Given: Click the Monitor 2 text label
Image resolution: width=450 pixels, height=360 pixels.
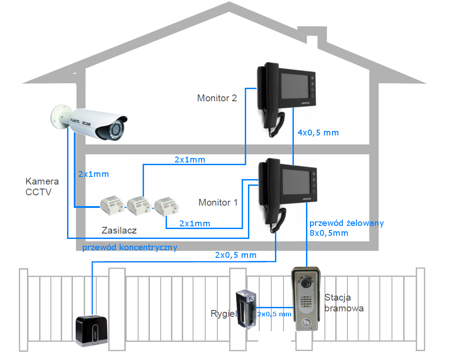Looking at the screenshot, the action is coord(217,98).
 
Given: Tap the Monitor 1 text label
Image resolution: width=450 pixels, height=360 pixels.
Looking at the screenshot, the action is coord(218,202).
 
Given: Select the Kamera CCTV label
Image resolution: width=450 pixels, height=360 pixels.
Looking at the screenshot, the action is coord(42,187).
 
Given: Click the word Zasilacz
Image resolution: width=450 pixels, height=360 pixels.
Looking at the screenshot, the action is coord(119,230).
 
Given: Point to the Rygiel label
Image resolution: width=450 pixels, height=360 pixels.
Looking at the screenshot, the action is coord(223,314).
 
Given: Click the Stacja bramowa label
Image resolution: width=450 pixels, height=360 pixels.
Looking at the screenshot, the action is coord(344,303).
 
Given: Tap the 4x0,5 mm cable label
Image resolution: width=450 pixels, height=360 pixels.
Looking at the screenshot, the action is coord(318,133).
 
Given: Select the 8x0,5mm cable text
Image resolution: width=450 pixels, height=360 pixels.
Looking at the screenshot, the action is coord(329,233).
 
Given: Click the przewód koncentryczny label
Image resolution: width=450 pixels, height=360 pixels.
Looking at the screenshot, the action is coord(130,247).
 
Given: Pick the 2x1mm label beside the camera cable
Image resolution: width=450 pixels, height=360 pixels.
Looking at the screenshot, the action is coord(94,174).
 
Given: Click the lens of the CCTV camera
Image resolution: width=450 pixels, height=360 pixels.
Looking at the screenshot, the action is coord(116,130).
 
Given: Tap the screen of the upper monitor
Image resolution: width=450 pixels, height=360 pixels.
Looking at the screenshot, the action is coord(295,85).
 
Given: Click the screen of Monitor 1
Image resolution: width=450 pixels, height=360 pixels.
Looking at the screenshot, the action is coord(297,182).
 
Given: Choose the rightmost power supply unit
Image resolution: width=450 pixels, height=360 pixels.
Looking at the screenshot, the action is coord(167,207).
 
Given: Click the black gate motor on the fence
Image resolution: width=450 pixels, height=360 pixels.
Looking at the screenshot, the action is coord(91,330).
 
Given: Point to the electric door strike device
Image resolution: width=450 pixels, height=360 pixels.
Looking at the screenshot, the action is coord(246,310).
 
